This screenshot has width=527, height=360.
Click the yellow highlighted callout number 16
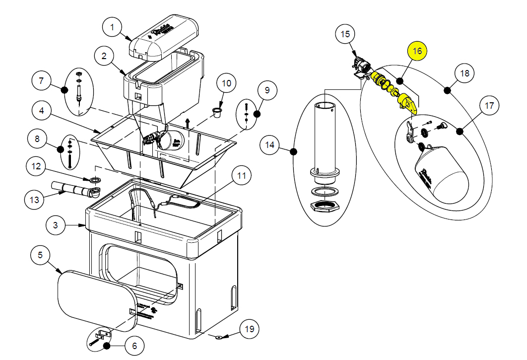417,51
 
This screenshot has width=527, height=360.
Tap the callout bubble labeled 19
249,329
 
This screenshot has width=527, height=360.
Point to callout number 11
241,175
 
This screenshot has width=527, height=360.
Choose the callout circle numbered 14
270,145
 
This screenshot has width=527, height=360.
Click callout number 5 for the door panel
41,255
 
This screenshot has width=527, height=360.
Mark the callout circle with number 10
226,83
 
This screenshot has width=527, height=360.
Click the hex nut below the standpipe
325,206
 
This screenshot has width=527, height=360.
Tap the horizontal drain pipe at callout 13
69,190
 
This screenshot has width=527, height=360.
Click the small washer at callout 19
219,337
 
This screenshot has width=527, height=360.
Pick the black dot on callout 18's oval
448,90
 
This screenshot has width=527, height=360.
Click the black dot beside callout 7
65,90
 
